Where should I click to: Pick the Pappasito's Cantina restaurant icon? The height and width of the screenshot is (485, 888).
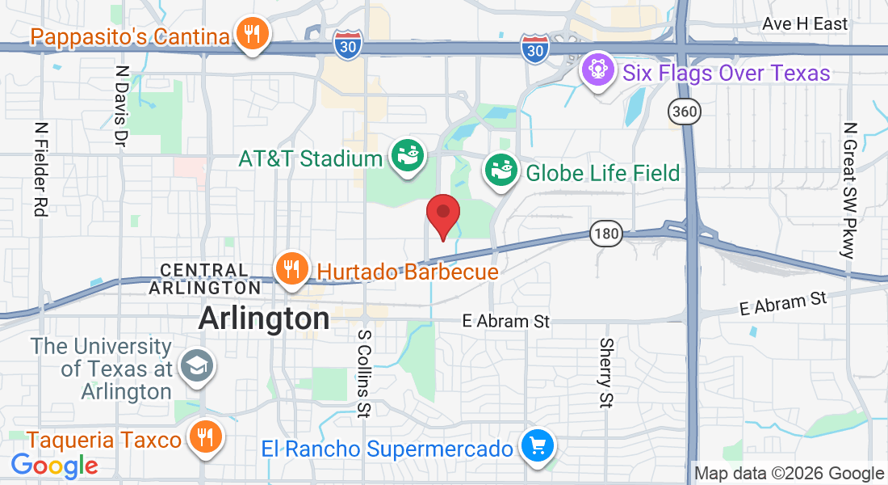pyautogui.click(x=253, y=34)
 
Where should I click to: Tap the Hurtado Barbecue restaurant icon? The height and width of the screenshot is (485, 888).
pyautogui.click(x=291, y=268)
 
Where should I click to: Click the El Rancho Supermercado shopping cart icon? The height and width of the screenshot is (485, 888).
pyautogui.click(x=537, y=445)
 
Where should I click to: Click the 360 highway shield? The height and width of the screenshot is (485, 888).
pyautogui.click(x=684, y=112)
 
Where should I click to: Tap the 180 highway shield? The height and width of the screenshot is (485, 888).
pyautogui.click(x=605, y=234)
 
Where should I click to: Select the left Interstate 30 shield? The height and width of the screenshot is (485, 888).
pyautogui.click(x=347, y=44)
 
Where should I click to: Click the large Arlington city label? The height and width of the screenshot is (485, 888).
pyautogui.click(x=264, y=318)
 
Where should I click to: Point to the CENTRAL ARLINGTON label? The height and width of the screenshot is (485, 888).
pyautogui.click(x=205, y=278)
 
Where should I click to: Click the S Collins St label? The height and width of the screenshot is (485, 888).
pyautogui.click(x=364, y=372)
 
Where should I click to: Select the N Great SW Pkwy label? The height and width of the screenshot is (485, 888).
pyautogui.click(x=848, y=190)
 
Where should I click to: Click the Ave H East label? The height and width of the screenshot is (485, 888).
pyautogui.click(x=805, y=24)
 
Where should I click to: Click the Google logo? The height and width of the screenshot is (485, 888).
pyautogui.click(x=54, y=466)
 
